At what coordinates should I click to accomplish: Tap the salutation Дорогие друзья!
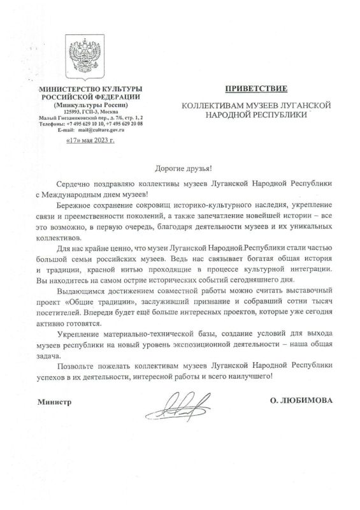point(180,168)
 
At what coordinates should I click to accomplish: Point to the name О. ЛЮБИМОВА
point(303,402)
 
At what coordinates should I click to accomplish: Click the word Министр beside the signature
point(54,403)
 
